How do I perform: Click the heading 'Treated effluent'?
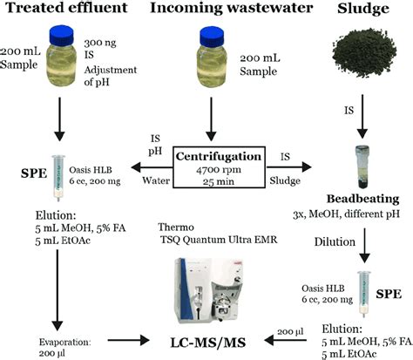59,10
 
